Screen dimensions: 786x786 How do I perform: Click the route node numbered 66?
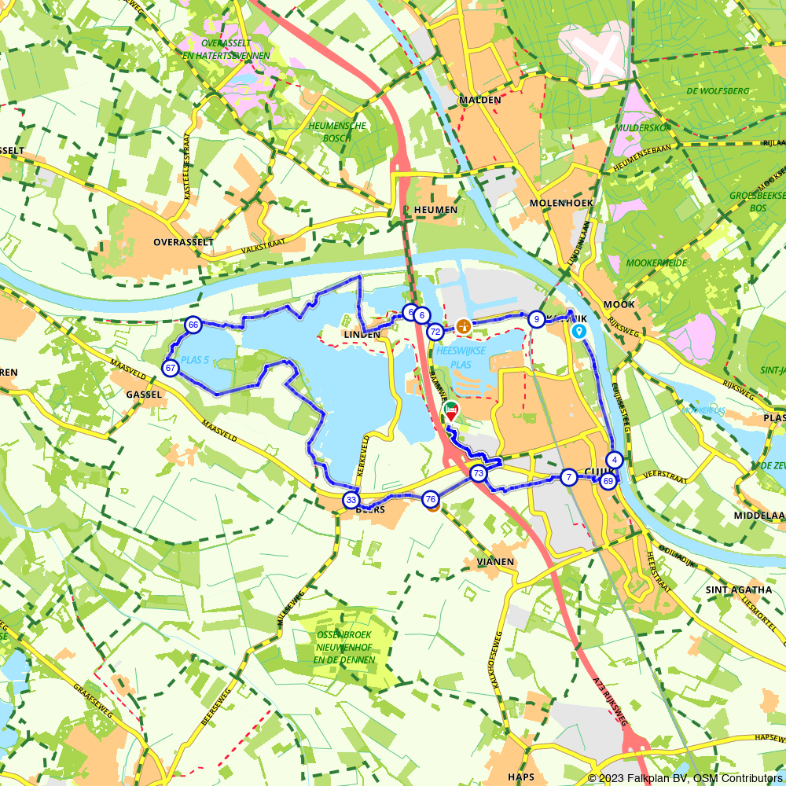(x=193, y=325)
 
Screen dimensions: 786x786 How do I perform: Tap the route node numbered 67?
(x=171, y=368)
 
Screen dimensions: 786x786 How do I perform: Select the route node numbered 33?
(x=351, y=500)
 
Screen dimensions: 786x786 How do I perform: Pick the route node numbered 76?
(x=430, y=499)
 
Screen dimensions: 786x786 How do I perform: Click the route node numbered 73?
(x=478, y=474)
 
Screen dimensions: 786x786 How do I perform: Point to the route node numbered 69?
(x=608, y=481)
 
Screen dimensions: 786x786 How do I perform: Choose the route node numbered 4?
(x=615, y=461)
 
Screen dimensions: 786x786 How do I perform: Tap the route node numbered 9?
(x=536, y=319)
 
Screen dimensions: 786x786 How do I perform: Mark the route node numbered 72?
(x=435, y=332)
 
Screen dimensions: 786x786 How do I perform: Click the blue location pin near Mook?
(x=578, y=331)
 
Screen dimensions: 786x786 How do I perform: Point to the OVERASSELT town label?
(x=183, y=242)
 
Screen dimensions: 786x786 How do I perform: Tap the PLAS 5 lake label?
(x=195, y=361)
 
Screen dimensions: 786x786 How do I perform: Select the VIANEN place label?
(x=495, y=562)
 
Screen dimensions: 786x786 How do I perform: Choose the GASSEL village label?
(x=144, y=394)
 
